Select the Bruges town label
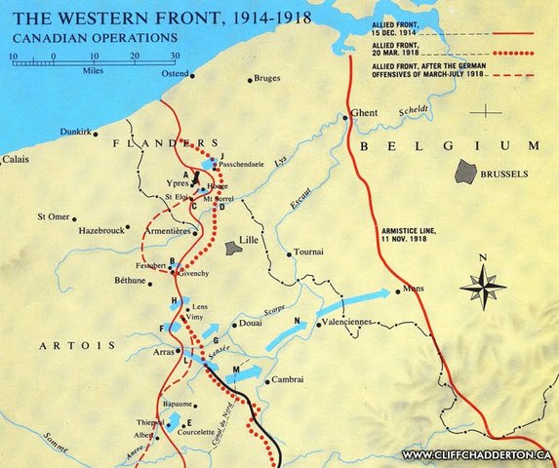[266, 79]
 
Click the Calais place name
[15, 158]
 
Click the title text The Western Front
[123, 17]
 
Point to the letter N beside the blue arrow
[296, 320]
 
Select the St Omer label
[53, 216]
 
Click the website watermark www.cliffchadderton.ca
[478, 455]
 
